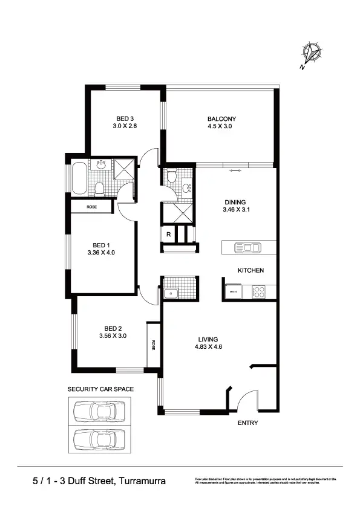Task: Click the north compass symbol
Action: pyautogui.click(x=312, y=54)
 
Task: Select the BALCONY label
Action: pyautogui.click(x=221, y=118)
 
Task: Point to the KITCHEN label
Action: pyautogui.click(x=250, y=270)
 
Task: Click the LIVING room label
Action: pyautogui.click(x=208, y=339)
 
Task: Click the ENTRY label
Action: pyautogui.click(x=247, y=423)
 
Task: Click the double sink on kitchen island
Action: pyautogui.click(x=247, y=247)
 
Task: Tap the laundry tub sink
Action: pyautogui.click(x=171, y=294)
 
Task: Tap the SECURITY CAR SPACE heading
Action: pyautogui.click(x=100, y=389)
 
